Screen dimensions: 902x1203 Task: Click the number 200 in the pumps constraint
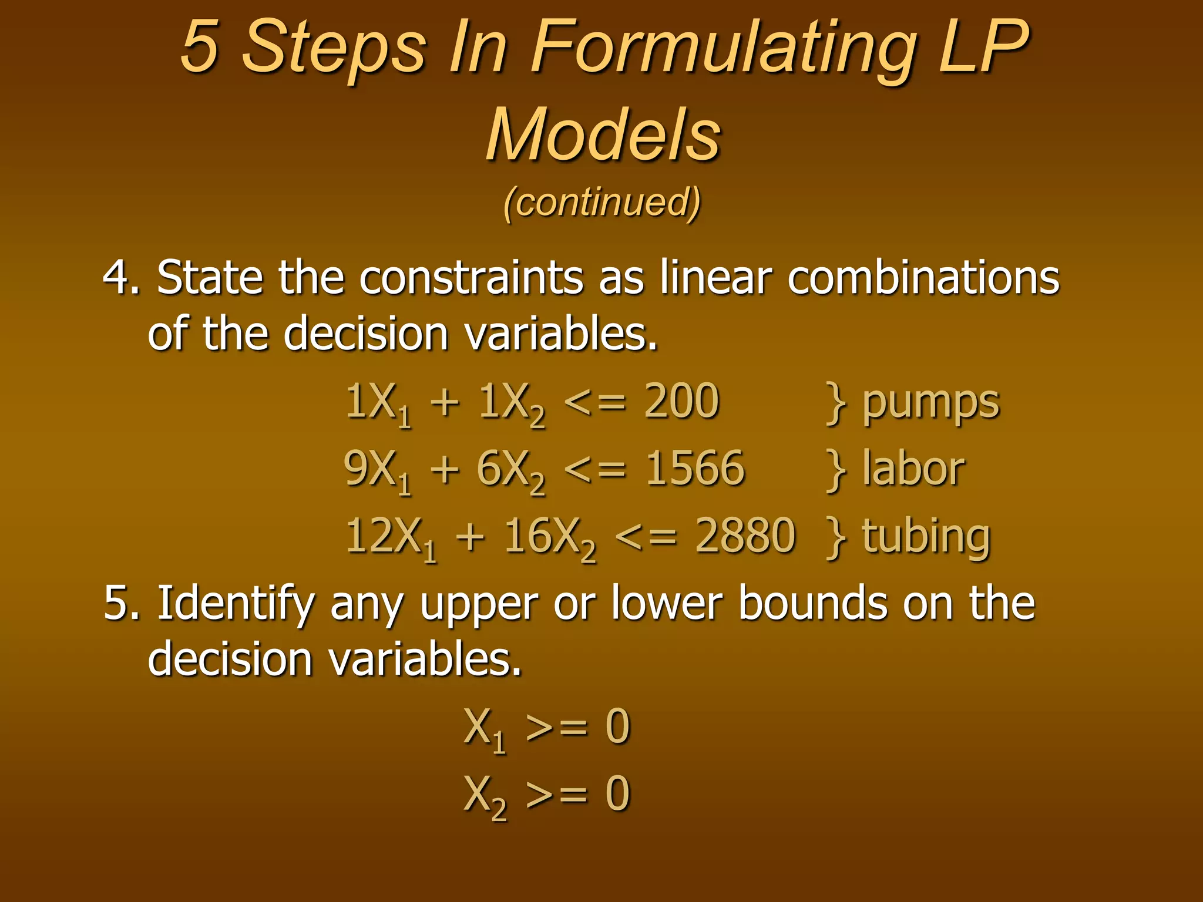point(681,401)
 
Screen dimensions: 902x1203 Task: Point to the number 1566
point(695,468)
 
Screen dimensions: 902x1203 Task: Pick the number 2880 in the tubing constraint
point(745,536)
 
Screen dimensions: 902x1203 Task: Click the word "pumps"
point(930,404)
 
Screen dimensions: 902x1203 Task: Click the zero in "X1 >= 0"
point(617,726)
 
